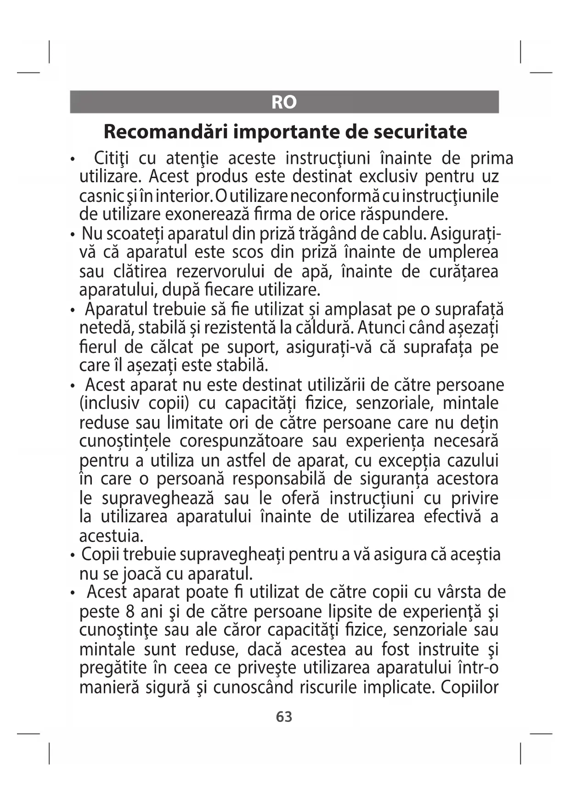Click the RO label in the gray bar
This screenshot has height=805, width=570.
coord(284,102)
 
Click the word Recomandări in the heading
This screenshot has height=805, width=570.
coord(166,132)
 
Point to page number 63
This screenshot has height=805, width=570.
coord(284,716)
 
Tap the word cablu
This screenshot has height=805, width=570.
coord(403,234)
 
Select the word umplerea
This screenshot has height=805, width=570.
coord(463,252)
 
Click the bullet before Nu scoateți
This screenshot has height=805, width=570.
coord(73,235)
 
